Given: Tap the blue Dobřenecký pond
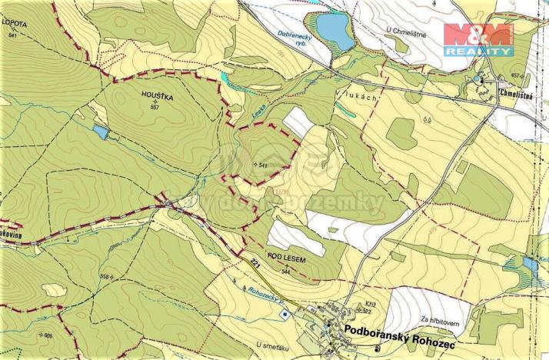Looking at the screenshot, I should pos(331,29).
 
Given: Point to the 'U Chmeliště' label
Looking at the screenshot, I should pos(405,30).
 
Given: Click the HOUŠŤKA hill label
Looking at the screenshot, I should pos(157,96).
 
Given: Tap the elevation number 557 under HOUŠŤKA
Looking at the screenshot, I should pos(155,107).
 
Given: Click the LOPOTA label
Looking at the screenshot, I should pos(15,25).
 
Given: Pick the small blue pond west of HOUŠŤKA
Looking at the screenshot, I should pos(101,133).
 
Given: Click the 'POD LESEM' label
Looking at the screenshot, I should pos(287,261).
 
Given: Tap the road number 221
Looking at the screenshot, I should pos(255,264).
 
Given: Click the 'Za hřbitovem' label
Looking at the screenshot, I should pos(438,319).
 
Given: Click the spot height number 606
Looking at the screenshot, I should pos(48,335).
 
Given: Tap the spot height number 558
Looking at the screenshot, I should pos(105,275).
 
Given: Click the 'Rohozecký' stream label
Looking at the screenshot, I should pos(265,294).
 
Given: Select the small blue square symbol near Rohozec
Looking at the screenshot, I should pos(285,313).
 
